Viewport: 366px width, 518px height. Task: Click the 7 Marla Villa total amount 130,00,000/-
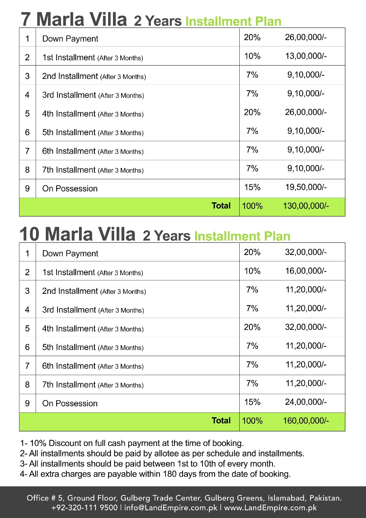(306, 206)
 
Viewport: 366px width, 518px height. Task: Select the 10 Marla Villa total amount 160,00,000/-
(306, 421)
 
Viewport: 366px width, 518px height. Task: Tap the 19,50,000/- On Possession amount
(306, 187)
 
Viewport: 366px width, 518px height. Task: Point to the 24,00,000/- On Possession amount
(306, 402)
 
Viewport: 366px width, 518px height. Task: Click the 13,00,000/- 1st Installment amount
(306, 56)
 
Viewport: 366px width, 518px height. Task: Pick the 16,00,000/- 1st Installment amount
(306, 271)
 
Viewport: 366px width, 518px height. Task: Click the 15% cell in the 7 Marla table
(252, 187)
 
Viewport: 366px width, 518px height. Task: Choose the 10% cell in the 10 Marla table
(252, 271)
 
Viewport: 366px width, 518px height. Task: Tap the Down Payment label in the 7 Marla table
(70, 39)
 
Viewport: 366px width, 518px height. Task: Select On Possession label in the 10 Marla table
(70, 403)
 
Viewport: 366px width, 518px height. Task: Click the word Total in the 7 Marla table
(221, 206)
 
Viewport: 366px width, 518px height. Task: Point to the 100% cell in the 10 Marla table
(252, 421)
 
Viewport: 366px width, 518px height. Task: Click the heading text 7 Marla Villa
(74, 19)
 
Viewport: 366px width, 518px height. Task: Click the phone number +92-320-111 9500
(84, 507)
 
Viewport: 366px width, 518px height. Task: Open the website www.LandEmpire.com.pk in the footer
(270, 507)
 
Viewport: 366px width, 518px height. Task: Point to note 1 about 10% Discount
(132, 443)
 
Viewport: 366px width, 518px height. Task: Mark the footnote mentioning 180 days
(155, 474)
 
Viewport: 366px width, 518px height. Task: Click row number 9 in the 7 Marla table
(27, 189)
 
